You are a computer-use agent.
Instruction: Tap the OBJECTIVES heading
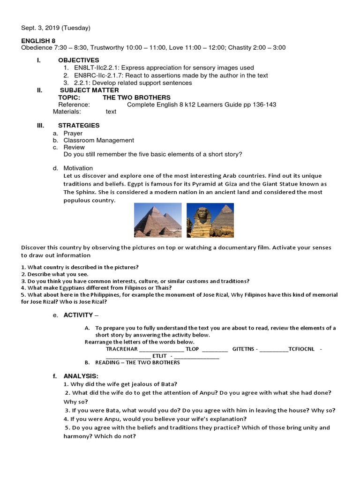point(78,60)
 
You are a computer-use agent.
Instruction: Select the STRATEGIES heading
point(79,126)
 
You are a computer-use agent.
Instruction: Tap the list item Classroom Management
point(98,140)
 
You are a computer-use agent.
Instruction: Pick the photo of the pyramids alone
point(157,220)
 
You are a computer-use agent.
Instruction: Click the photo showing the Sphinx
point(210,220)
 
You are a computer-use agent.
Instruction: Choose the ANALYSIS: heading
point(81,376)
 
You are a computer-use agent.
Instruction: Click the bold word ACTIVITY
point(78,315)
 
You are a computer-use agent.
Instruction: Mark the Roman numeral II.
point(40,90)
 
